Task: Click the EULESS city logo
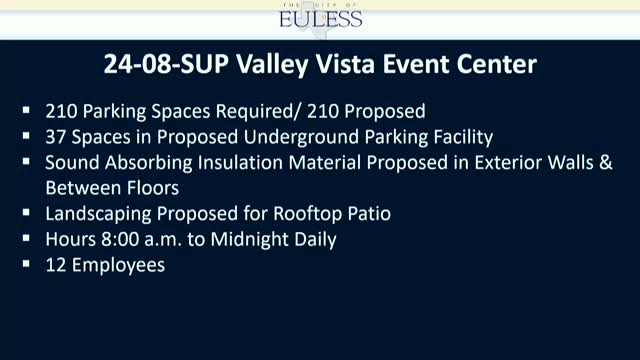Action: coord(321,17)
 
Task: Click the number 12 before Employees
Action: coord(54,266)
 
